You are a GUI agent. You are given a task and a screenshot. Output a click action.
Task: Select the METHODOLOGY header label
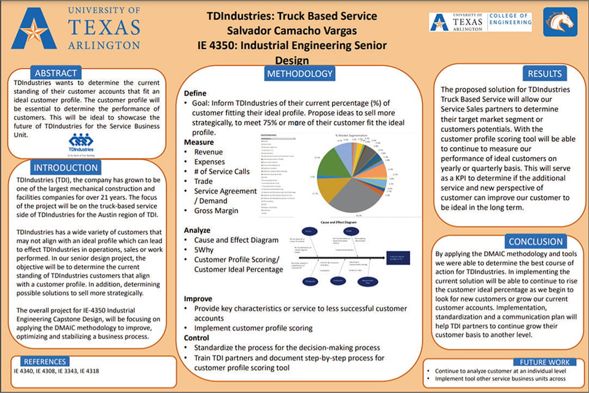pyautogui.click(x=299, y=74)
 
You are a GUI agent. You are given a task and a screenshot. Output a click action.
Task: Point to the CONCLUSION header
pyautogui.click(x=536, y=242)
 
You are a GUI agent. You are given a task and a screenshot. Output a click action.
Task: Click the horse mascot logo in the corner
pyautogui.click(x=560, y=22)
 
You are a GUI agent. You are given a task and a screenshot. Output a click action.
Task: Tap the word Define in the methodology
pyautogui.click(x=196, y=93)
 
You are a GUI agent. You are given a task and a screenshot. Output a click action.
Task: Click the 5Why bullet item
pyautogui.click(x=204, y=250)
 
